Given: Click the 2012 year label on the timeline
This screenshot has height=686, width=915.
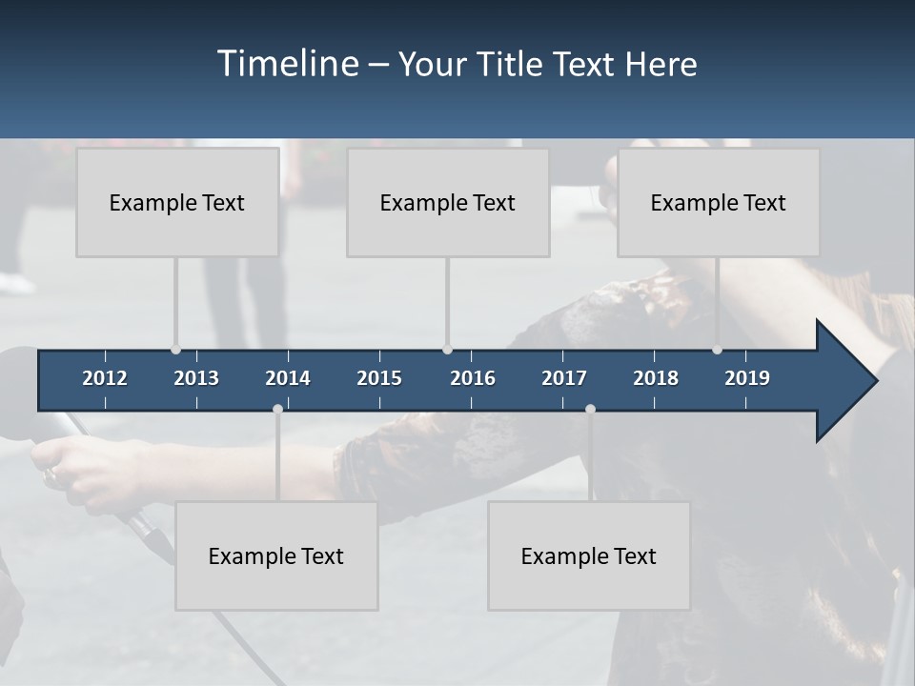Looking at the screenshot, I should tap(105, 378).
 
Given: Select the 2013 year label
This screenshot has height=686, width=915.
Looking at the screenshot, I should tap(196, 378).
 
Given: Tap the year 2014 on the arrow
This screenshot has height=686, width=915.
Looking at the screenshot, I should tap(288, 378).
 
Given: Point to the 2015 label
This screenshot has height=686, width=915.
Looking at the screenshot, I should tap(379, 378).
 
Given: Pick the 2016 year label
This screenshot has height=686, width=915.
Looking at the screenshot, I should tap(473, 378).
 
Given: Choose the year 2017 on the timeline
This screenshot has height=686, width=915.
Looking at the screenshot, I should tap(564, 378).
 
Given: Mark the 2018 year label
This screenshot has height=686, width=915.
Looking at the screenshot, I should tap(656, 378).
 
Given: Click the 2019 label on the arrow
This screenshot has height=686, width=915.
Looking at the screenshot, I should tap(747, 378).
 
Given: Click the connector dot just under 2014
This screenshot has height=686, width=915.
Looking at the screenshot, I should tap(277, 409).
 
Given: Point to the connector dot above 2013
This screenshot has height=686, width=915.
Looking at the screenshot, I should tap(175, 350).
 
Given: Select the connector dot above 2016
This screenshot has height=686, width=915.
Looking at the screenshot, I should tap(447, 350).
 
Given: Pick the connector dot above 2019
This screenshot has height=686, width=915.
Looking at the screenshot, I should tap(717, 350).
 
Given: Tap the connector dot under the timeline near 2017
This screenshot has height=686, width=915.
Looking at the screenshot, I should tap(590, 409).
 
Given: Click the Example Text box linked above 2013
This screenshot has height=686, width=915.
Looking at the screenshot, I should tap(177, 202).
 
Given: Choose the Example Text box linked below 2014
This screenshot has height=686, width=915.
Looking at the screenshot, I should tap(276, 555).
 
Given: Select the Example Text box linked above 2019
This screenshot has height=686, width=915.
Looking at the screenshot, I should tap(719, 202).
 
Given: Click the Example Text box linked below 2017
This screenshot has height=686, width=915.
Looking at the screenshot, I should tap(589, 555).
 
